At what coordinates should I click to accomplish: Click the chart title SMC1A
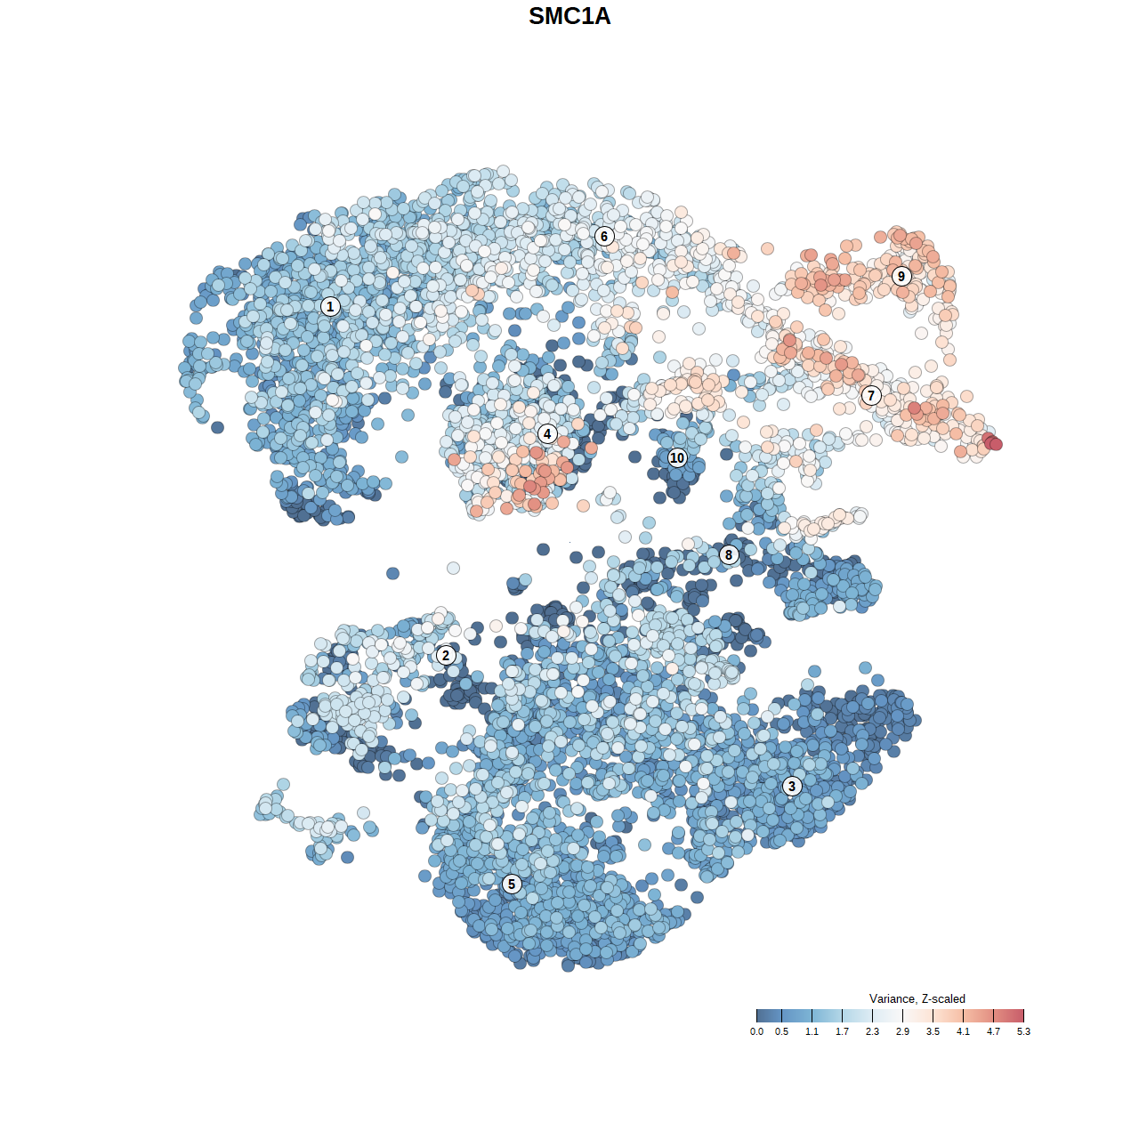point(569,16)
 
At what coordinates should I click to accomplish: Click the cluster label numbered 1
point(330,306)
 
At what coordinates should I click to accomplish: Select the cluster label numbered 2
point(446,656)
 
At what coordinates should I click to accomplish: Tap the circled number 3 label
point(792,786)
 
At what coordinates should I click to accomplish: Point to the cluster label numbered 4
point(547,434)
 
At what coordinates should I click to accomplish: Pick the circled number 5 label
point(512,884)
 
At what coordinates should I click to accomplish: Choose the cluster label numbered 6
point(604,236)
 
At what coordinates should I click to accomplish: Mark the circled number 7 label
point(871,396)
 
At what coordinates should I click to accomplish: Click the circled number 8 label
point(729,555)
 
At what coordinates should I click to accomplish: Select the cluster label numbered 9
point(901,276)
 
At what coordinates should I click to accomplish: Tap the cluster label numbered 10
point(677,458)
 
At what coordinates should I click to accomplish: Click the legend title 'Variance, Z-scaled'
point(917,998)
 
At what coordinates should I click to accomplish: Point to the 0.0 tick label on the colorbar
point(756,1031)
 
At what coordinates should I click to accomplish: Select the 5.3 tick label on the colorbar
point(1023,1031)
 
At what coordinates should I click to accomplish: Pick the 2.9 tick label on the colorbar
point(902,1031)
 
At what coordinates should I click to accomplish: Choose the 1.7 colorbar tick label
point(842,1031)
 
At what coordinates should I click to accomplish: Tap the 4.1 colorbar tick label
point(963,1031)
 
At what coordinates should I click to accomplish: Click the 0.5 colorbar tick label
point(781,1031)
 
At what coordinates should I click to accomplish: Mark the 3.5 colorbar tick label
point(933,1031)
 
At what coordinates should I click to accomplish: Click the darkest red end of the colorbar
point(1021,1015)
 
